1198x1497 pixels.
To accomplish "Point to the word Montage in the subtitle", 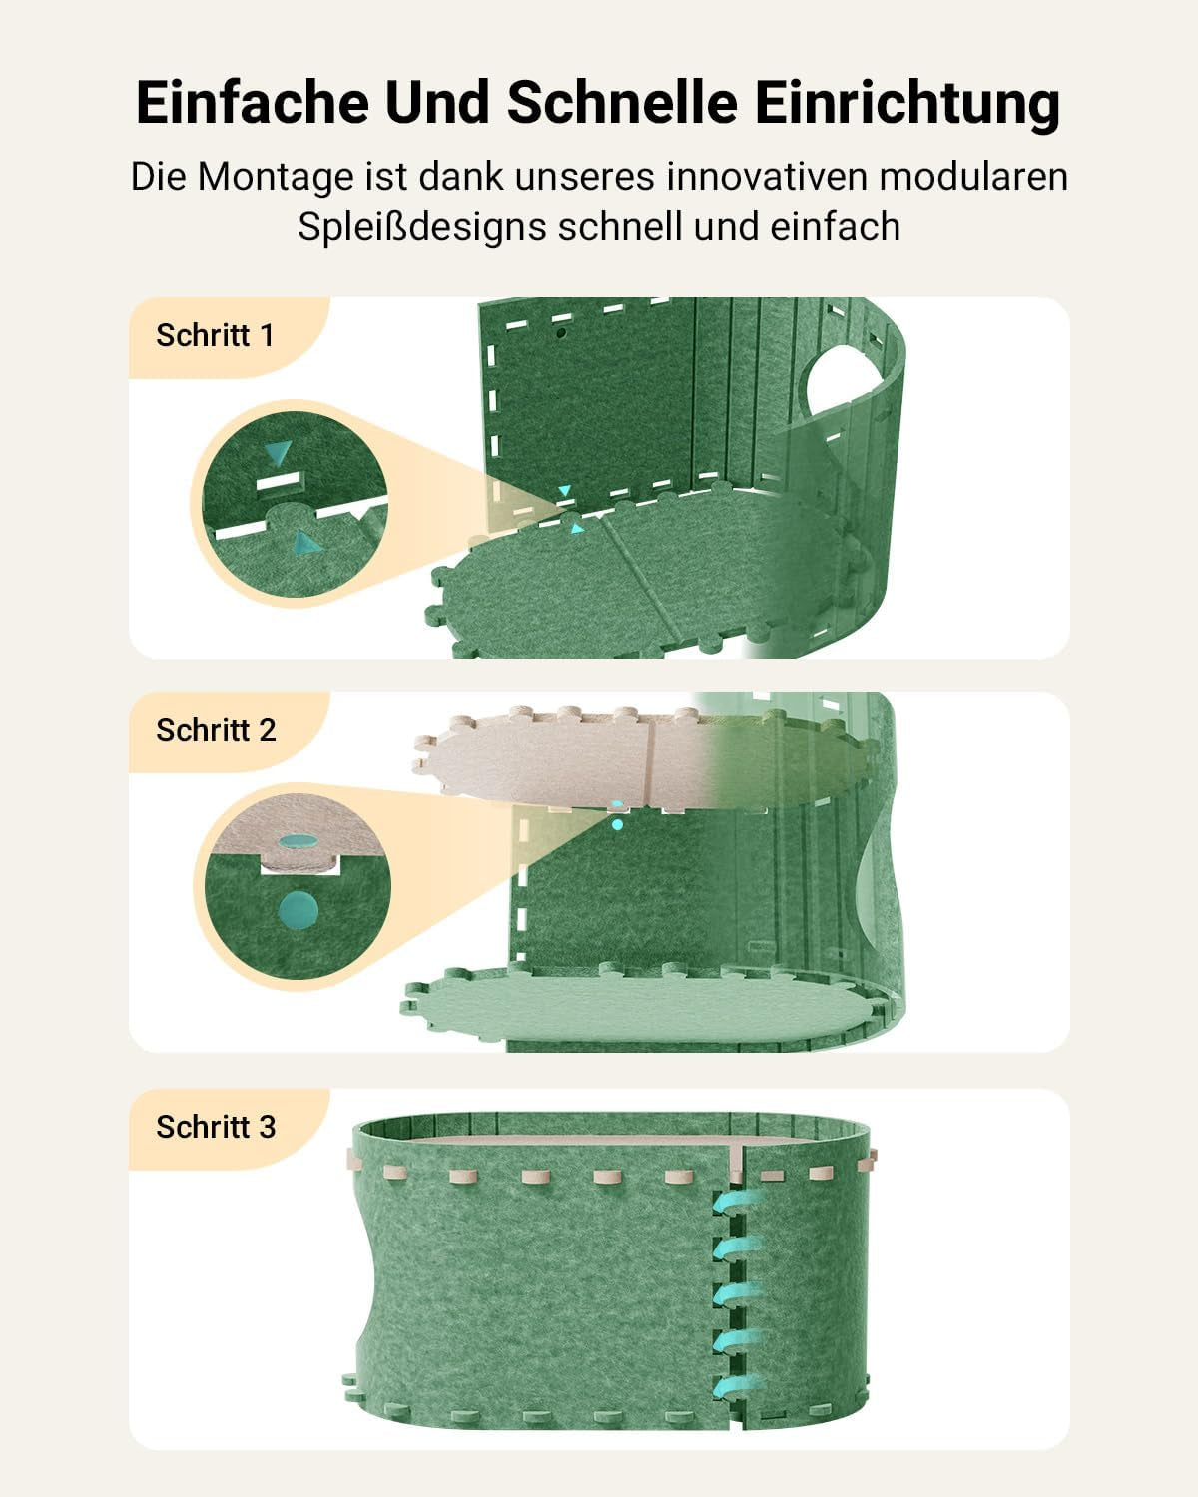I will pos(276,177).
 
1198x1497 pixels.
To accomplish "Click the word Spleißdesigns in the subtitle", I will pos(421,227).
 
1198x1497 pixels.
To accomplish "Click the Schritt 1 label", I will pos(215,335).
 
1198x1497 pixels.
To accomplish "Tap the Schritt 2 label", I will pos(216,730).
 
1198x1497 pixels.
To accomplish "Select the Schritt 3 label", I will pos(216,1127).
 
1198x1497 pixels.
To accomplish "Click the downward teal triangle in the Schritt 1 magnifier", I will pos(278,454).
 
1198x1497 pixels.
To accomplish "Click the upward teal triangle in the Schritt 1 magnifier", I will pos(304,542).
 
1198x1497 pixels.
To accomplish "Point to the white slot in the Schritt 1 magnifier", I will pos(278,483).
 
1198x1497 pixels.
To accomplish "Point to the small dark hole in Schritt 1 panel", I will pos(561,332).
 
